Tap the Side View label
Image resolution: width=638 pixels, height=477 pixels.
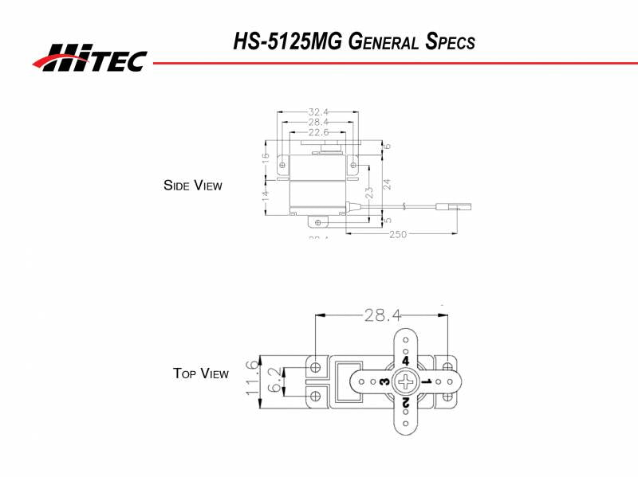(192, 186)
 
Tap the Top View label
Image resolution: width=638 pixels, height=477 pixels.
(201, 373)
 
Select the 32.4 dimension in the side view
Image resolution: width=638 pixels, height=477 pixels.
(317, 112)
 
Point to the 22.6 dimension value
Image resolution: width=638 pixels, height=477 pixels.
(317, 132)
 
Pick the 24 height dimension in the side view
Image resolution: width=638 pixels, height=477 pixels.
(387, 182)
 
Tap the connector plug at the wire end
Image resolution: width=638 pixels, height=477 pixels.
(461, 208)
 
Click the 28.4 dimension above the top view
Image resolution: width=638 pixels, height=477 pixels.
(382, 315)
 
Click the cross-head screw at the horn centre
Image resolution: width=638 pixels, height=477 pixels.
(406, 382)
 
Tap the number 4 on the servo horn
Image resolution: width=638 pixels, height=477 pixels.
(406, 361)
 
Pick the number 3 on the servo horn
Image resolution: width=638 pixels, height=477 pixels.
(384, 383)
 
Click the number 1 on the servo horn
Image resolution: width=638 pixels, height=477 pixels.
(427, 383)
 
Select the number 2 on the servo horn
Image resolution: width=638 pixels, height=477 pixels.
(406, 404)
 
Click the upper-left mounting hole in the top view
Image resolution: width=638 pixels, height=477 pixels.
(317, 367)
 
